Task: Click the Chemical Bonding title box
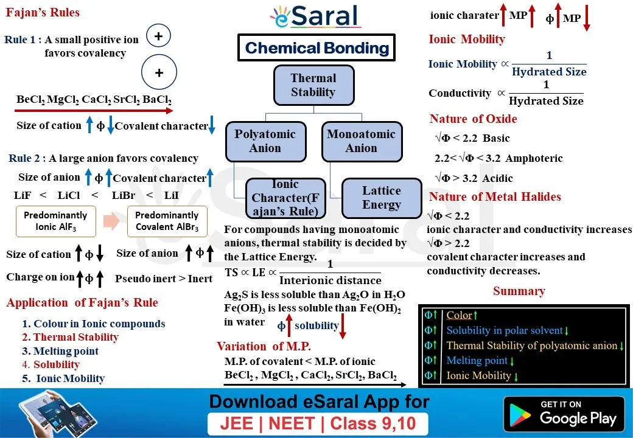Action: point(316,48)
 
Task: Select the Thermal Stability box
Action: point(313,85)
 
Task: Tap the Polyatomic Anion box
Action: point(265,141)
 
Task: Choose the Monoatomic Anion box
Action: point(362,141)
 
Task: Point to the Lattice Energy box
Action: point(382,198)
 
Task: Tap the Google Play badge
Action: point(564,413)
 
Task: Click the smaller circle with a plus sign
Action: point(158,36)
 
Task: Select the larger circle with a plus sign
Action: point(159,73)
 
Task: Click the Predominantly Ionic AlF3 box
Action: point(56,221)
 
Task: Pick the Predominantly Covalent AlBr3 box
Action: point(167,221)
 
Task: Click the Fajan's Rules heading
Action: point(42,12)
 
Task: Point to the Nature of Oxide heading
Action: point(473,119)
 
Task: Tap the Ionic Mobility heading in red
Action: point(467,40)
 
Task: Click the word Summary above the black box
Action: point(519,291)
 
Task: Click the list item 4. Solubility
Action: point(51,364)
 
